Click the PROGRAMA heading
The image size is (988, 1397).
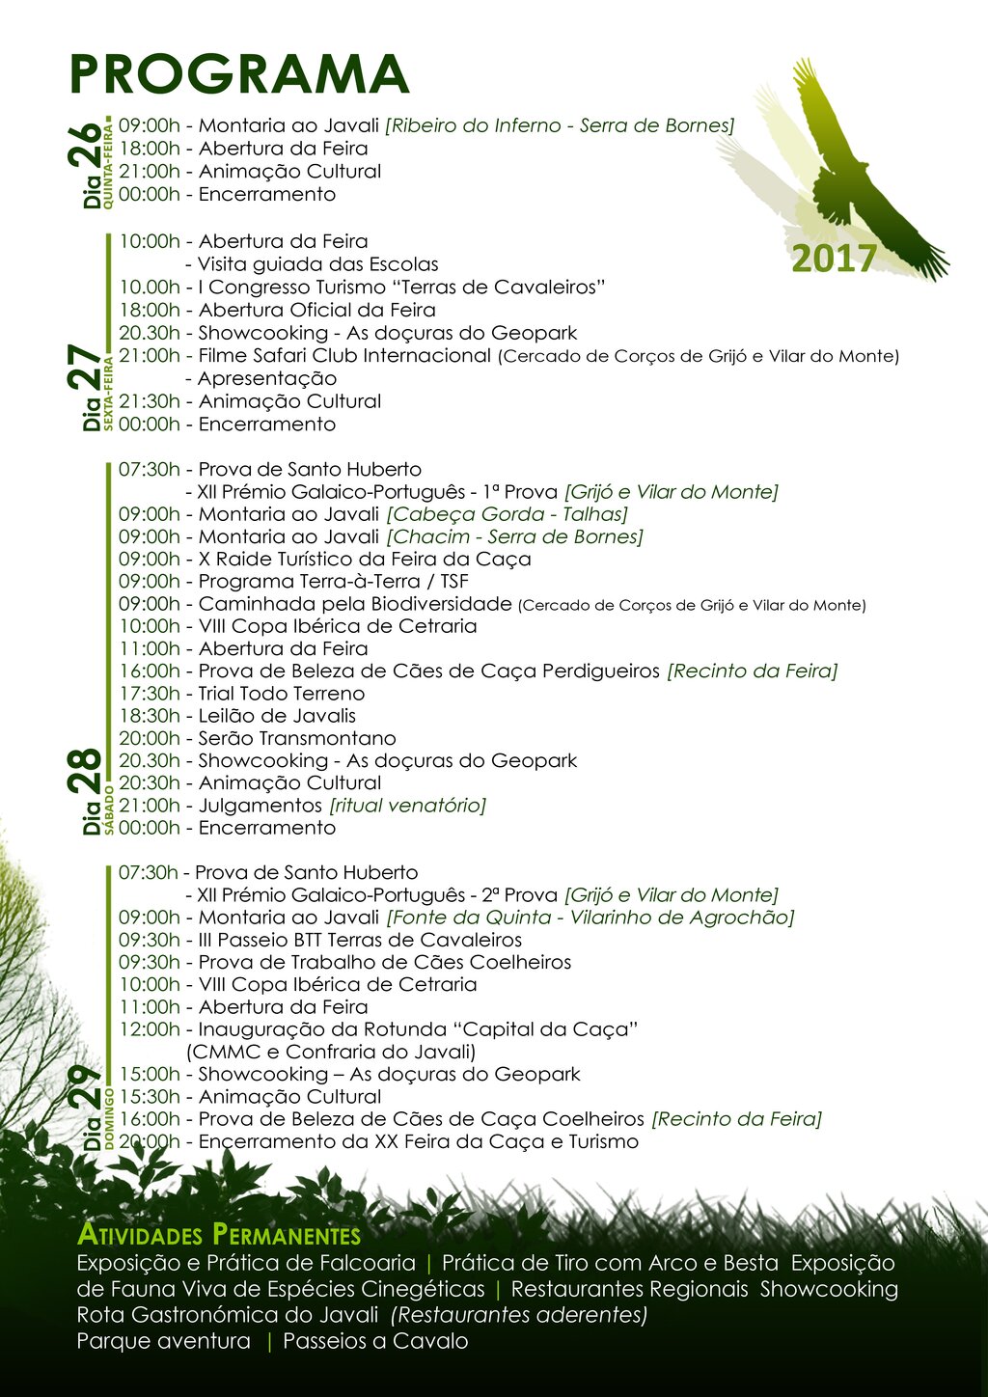(x=239, y=73)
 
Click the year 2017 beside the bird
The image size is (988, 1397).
(x=834, y=259)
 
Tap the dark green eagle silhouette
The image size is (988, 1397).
(x=849, y=183)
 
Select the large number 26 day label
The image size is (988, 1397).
(x=85, y=147)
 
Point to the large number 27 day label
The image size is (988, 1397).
(x=85, y=369)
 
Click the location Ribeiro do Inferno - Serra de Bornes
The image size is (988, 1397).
(x=560, y=125)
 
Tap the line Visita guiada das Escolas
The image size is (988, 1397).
(x=317, y=264)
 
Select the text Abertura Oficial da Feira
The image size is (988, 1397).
(x=316, y=310)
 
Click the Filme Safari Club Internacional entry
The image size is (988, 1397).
(x=344, y=355)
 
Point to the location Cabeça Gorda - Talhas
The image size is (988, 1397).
(x=507, y=514)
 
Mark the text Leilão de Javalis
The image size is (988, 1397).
(x=277, y=716)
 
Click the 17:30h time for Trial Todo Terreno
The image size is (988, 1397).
(x=150, y=694)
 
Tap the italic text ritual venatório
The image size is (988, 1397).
(x=407, y=806)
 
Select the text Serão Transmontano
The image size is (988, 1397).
(x=297, y=738)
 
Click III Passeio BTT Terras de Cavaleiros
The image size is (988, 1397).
(x=360, y=940)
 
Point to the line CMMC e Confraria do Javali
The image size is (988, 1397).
(x=331, y=1052)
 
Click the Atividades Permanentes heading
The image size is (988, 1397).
(x=219, y=1235)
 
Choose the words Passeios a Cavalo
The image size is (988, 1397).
(x=375, y=1341)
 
